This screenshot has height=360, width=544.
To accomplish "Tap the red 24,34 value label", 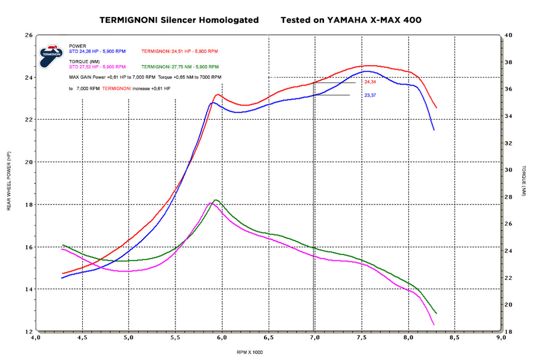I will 370,82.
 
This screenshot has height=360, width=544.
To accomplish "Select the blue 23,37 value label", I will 370,96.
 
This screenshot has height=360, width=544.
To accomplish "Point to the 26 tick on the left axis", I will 29,35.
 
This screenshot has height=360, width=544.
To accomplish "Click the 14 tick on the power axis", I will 29,289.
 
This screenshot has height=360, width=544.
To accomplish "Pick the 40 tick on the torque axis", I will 508,35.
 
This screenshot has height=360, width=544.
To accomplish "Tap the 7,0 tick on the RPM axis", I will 314,337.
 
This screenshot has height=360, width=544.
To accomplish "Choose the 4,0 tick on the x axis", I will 35,337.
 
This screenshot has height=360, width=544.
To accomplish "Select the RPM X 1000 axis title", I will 250,352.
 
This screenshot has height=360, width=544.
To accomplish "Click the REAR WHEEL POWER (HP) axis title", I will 9,181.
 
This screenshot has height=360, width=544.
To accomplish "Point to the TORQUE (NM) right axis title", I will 523,181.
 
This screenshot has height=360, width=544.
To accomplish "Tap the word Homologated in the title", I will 229,20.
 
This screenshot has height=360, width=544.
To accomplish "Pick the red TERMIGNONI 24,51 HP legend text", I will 180,52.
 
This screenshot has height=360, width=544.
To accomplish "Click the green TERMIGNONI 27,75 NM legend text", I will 180,67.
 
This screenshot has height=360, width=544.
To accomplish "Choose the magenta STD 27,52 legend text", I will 97,67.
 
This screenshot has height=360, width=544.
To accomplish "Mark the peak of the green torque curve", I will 216,200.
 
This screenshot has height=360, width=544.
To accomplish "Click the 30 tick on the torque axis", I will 508,170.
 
